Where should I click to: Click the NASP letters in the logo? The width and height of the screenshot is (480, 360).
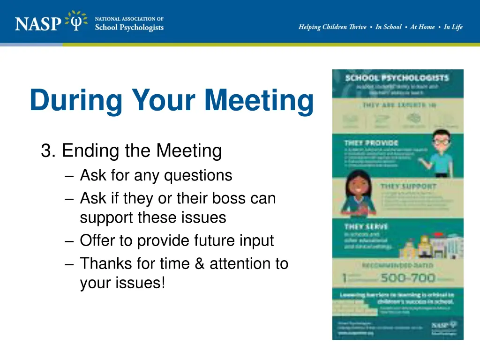(38, 22)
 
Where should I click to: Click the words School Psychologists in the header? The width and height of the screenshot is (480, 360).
(129, 27)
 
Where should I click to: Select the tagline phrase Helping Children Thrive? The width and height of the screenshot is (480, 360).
(332, 27)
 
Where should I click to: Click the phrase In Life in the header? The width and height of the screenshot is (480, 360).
(453, 27)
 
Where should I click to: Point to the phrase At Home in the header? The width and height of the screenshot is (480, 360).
(422, 27)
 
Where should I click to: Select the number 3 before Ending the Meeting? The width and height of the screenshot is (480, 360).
(45, 151)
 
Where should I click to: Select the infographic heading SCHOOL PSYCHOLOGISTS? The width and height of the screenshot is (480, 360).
(397, 78)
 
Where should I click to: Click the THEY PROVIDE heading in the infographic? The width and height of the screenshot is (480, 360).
(365, 142)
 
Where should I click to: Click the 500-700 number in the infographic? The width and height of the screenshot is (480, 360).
(408, 278)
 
